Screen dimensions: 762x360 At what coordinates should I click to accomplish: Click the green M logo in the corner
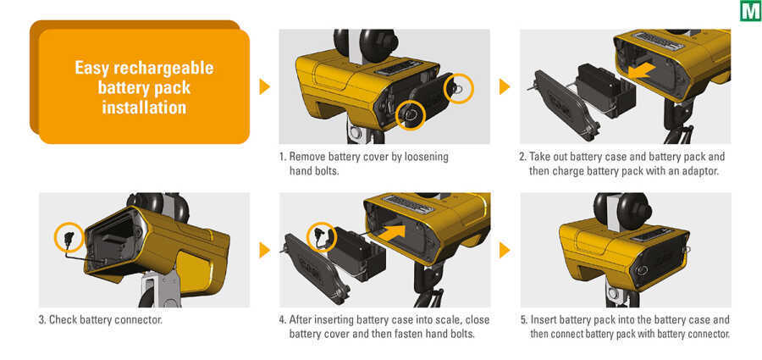tap(750, 11)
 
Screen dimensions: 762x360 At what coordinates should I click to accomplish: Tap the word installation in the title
tap(144, 107)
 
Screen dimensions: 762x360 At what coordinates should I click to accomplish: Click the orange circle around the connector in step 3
tap(68, 238)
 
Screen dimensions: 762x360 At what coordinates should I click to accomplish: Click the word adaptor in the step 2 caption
tap(700, 171)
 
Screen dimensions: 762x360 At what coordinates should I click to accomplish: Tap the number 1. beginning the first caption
tap(283, 158)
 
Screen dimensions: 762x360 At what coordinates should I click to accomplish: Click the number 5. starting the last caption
tap(524, 320)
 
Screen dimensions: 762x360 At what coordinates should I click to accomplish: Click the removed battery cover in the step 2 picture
tap(563, 104)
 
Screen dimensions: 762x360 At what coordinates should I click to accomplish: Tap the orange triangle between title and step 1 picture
tap(264, 86)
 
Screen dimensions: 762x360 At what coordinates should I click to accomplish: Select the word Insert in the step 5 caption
tap(544, 320)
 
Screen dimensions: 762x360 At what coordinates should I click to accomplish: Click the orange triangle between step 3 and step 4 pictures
tap(264, 250)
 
